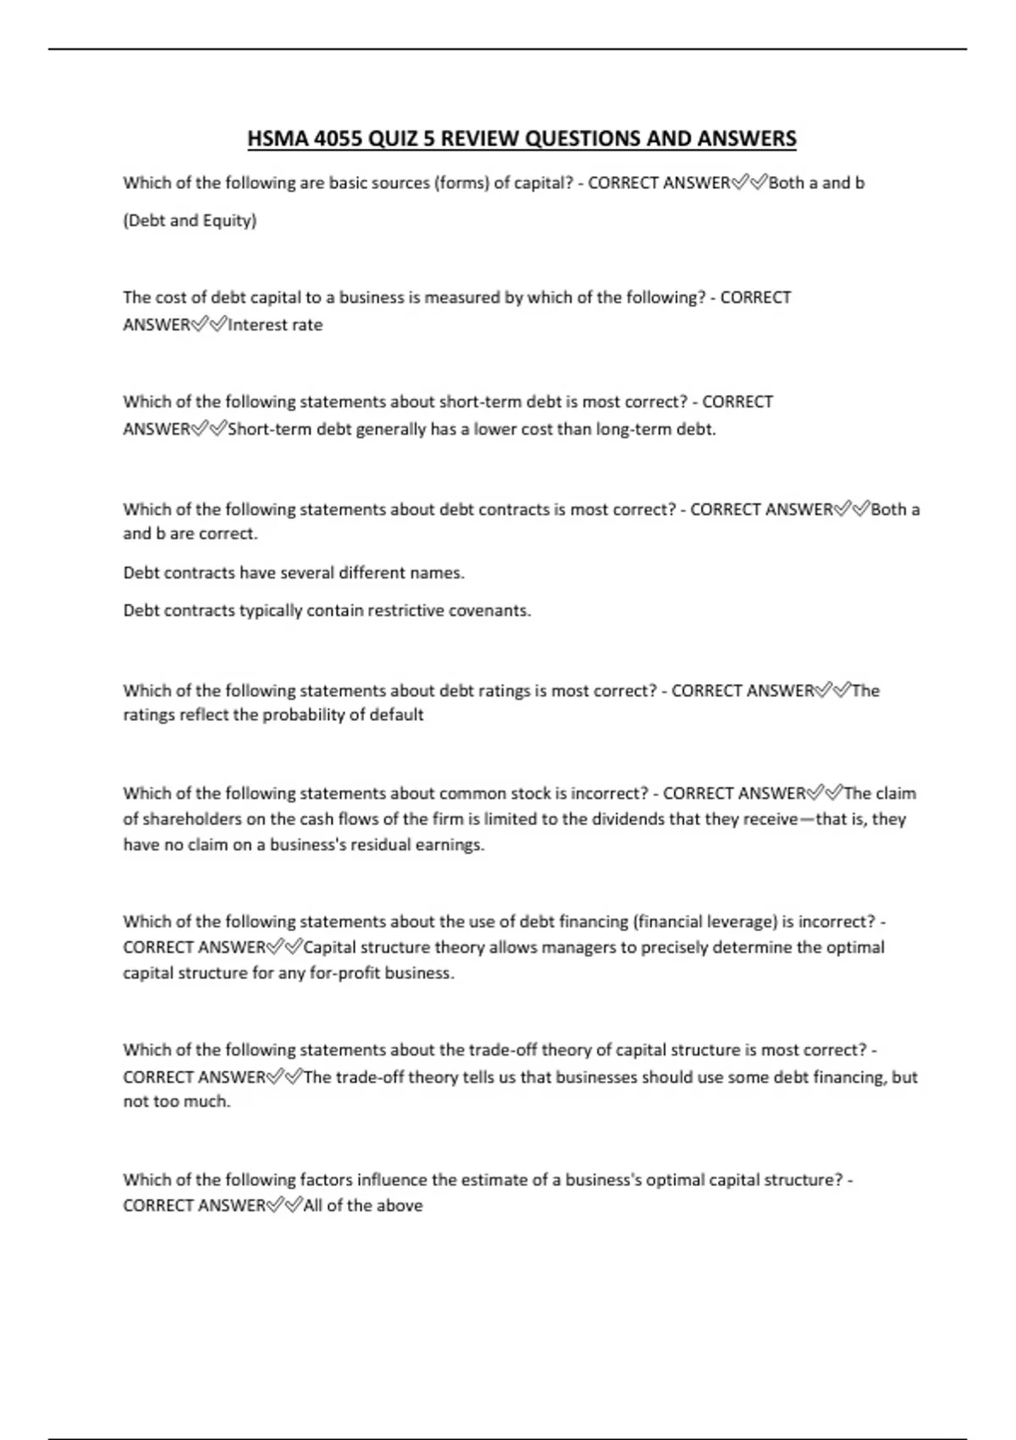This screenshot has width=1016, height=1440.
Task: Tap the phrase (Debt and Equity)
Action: click(x=190, y=221)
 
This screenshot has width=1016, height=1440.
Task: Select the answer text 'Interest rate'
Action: click(x=275, y=325)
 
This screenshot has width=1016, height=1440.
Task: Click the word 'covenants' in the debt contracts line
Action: click(x=494, y=611)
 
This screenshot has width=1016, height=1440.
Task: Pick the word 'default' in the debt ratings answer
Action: click(x=396, y=715)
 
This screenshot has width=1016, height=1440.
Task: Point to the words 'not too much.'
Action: click(x=177, y=1102)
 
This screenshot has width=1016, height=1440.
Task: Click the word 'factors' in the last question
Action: click(x=326, y=1180)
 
